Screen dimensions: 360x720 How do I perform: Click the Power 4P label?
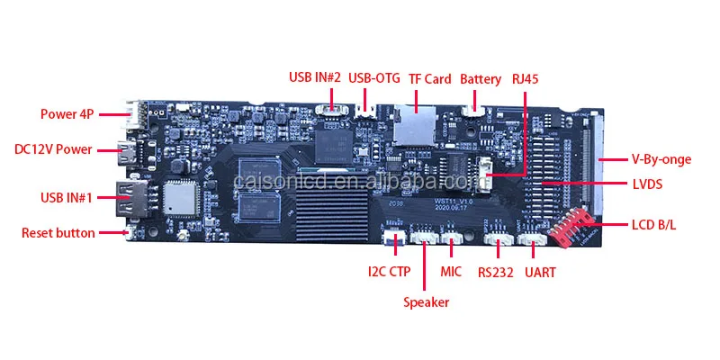click(67, 114)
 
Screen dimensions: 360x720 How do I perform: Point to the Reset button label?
click(58, 233)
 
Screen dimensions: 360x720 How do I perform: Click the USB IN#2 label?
click(314, 78)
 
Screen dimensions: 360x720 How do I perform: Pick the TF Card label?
click(429, 78)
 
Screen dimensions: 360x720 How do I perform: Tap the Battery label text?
click(481, 78)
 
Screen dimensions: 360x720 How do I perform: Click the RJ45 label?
click(526, 78)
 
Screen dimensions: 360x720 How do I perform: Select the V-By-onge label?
click(660, 160)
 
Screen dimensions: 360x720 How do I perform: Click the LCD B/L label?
click(654, 223)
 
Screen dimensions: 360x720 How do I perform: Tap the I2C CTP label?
click(390, 270)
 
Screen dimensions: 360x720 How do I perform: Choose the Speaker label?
click(426, 302)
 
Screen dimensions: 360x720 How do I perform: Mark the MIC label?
click(451, 270)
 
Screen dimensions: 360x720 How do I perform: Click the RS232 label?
click(495, 271)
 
